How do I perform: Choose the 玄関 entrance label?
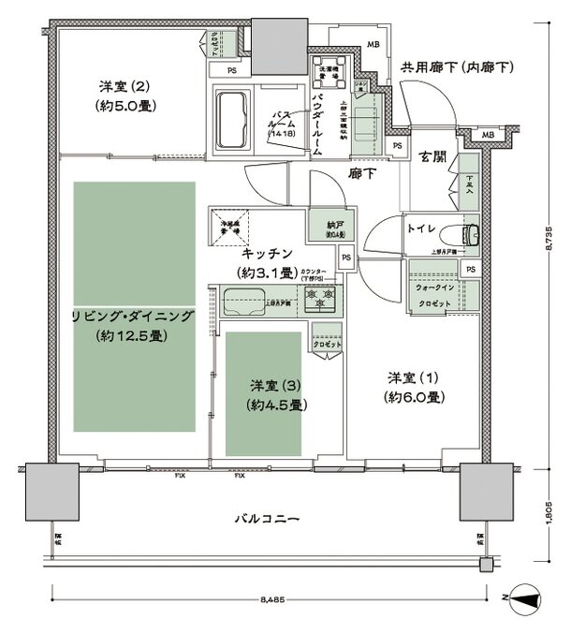point(431,155)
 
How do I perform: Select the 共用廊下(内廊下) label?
point(458,67)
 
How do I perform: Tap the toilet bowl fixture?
point(469,232)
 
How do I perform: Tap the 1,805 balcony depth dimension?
point(549,513)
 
